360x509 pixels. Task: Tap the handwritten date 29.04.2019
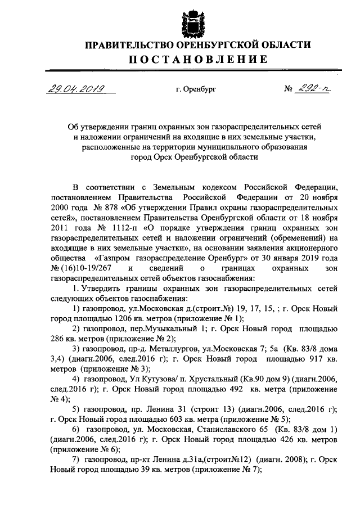pyautogui.click(x=74, y=88)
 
